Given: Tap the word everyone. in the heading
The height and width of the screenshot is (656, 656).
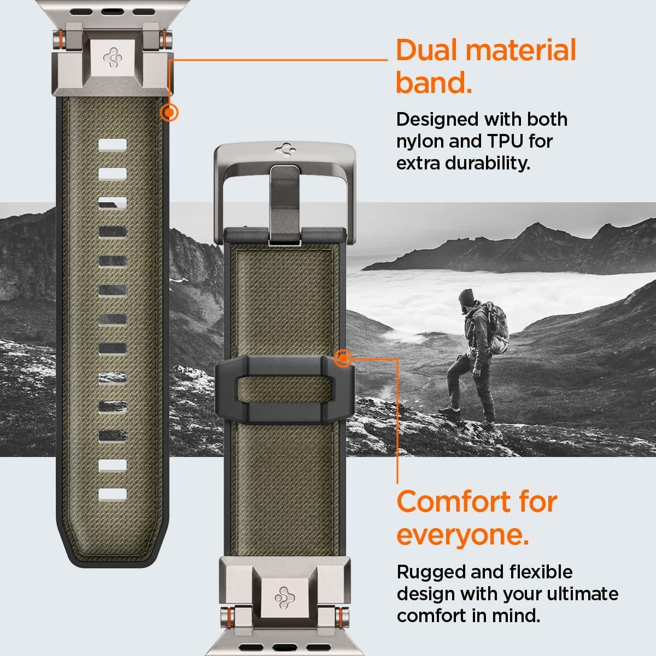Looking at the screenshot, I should click(x=462, y=535).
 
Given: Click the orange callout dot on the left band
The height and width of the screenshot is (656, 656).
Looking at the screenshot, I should click(x=169, y=113).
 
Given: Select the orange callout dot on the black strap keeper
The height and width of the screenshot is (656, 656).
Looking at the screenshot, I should click(x=343, y=359).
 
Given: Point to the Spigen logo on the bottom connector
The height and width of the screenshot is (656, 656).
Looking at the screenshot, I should click(x=284, y=595).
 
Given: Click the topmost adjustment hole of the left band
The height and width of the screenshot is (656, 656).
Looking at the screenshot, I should click(x=113, y=144).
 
